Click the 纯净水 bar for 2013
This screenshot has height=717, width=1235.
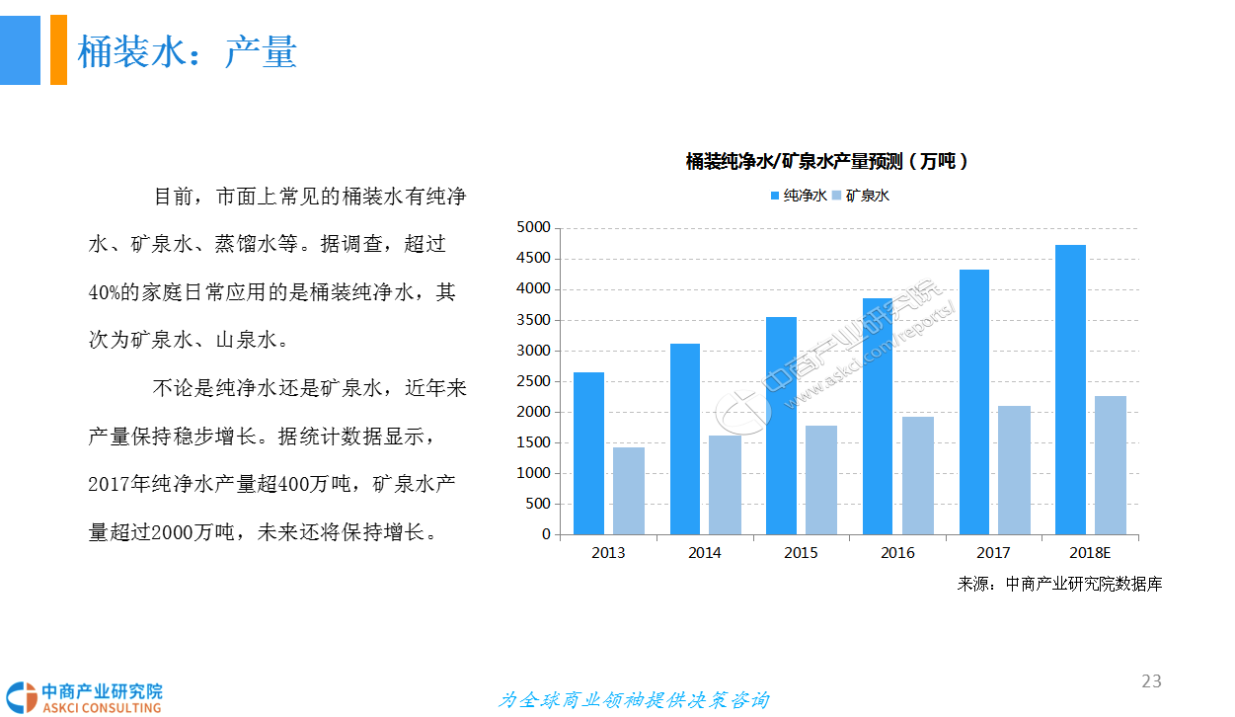point(588,453)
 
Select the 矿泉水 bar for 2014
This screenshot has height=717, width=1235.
point(724,485)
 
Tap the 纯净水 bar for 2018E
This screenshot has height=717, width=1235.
point(1070,389)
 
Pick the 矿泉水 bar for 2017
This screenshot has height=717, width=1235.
point(1014,470)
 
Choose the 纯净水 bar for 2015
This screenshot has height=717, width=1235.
point(781,426)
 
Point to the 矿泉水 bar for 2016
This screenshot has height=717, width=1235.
point(917,475)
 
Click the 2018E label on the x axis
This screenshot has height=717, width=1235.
point(1090,553)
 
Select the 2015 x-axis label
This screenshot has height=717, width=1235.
point(801,553)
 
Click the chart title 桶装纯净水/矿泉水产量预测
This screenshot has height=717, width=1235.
point(826,162)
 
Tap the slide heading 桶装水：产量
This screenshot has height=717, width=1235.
point(187,51)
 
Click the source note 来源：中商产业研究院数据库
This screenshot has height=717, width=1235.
point(1059,584)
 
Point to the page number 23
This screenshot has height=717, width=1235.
point(1151,680)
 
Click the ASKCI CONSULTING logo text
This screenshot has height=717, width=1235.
point(101,707)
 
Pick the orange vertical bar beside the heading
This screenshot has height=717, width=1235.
point(58,49)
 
